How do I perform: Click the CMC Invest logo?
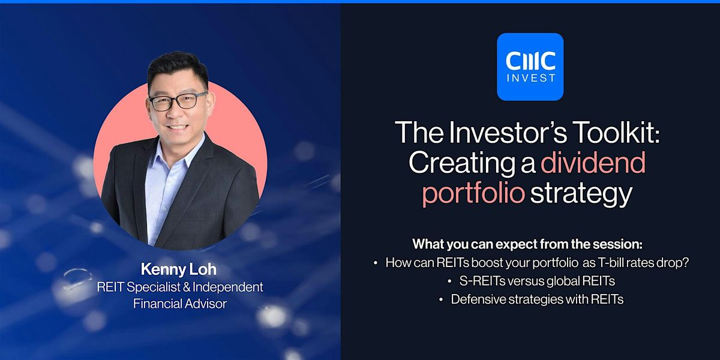(530, 67)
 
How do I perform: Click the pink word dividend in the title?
(593, 163)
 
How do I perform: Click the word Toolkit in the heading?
(608, 133)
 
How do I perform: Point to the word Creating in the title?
(457, 163)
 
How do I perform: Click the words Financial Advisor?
(179, 304)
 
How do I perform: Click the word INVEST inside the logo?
(530, 78)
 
